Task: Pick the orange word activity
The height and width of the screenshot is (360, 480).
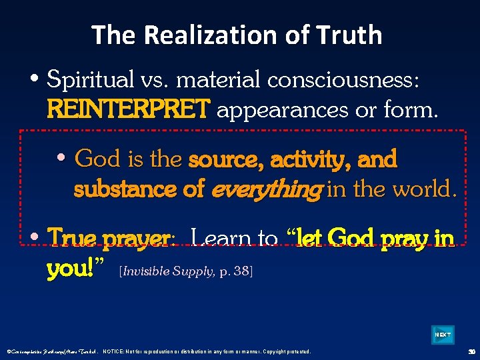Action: (312, 159)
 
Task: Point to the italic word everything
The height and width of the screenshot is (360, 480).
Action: (265, 189)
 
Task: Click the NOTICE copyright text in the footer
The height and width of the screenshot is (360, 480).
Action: (207, 351)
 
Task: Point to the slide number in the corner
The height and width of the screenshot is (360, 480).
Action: (471, 351)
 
